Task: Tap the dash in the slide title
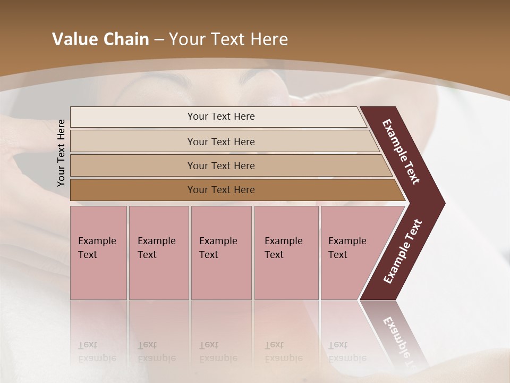(x=159, y=40)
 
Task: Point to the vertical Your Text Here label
(x=61, y=153)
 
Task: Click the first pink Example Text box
(x=98, y=253)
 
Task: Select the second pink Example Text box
(x=159, y=253)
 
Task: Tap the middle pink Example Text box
(x=221, y=253)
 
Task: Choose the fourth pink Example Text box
(x=286, y=253)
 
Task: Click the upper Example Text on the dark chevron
(x=402, y=152)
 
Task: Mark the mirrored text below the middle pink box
(x=218, y=352)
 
